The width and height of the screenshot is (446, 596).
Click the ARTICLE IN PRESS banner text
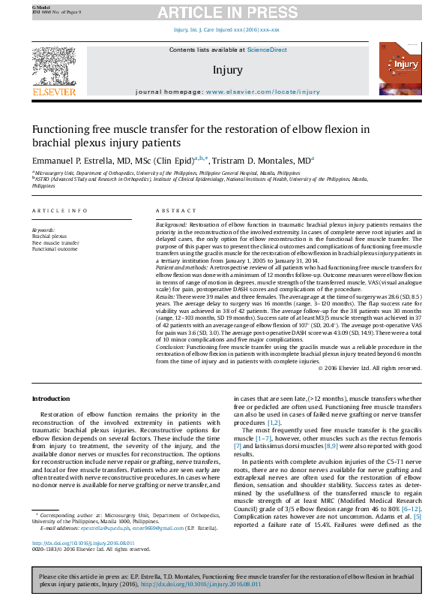[223, 13]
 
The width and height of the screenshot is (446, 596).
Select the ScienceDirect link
[268, 50]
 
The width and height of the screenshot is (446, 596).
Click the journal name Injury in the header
[228, 71]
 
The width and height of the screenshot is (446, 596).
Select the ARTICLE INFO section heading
[58, 211]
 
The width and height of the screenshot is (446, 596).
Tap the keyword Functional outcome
[55, 248]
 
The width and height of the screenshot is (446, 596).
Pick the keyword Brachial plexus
[49, 236]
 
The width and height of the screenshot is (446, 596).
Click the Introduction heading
[53, 399]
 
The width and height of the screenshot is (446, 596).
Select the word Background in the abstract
[171, 224]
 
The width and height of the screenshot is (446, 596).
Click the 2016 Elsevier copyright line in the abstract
[370, 368]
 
